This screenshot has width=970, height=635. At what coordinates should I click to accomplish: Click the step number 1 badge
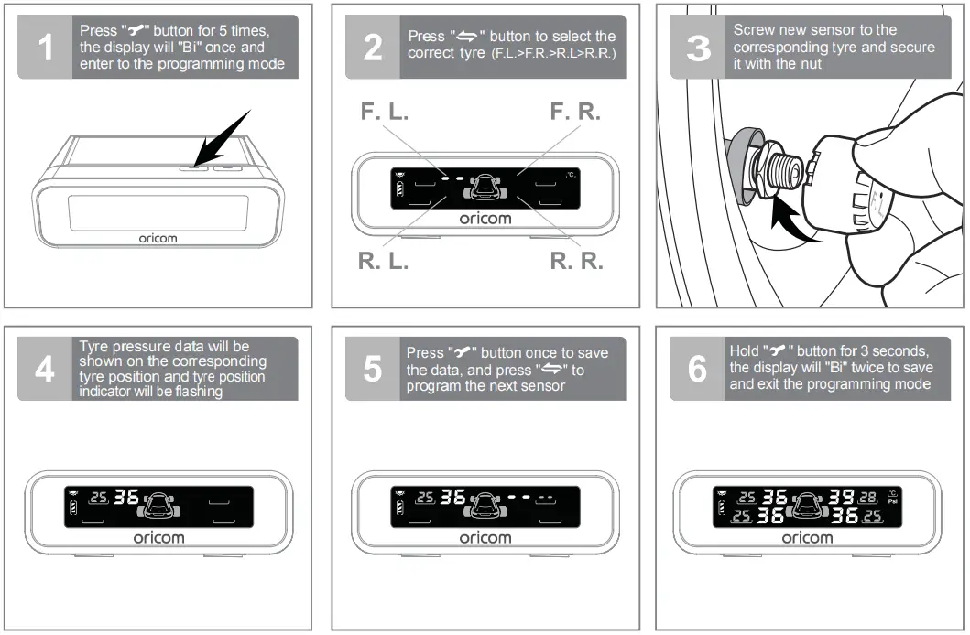pos(45,48)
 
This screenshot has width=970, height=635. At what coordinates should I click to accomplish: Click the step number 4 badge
pos(45,369)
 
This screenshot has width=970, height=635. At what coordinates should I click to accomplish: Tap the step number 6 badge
pos(698,369)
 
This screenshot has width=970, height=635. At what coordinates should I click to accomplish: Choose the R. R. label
pos(576,261)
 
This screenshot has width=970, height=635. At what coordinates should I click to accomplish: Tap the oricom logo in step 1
pos(158,238)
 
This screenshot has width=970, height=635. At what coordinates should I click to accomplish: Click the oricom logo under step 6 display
pos(807,538)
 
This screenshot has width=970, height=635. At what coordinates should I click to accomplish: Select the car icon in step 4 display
pos(159,502)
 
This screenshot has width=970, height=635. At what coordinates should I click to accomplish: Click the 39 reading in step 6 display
pos(840,498)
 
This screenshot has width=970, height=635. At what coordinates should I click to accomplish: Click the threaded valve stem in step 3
pos(787,170)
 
